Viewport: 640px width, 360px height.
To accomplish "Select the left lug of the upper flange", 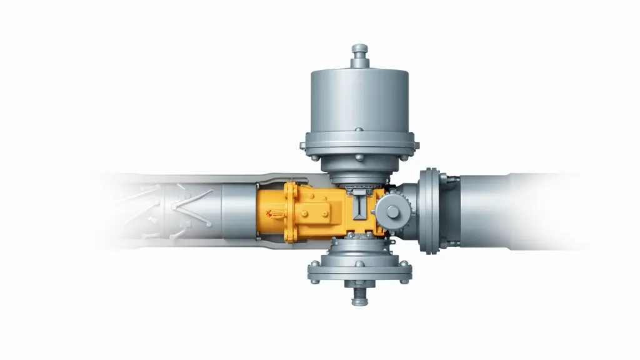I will pos(303,146).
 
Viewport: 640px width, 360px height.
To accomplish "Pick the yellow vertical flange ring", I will pos(289,212).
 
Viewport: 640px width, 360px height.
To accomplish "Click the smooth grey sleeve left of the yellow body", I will pos(237,212).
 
